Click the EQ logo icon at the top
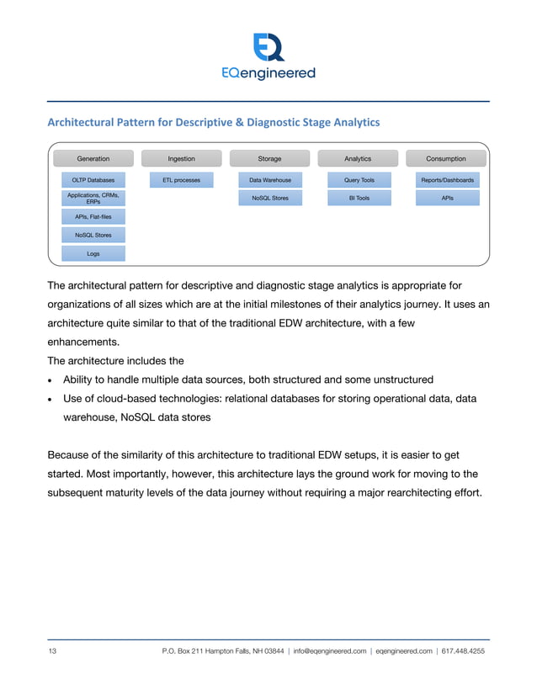point(268,47)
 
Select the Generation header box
point(93,158)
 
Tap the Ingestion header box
point(181,158)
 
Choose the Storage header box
point(269,158)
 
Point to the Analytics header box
point(358,158)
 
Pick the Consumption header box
point(446,158)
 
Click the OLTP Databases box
point(93,180)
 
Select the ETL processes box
point(181,180)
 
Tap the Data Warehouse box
point(269,180)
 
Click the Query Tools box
point(359,180)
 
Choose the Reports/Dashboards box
point(447,180)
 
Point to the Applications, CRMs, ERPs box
point(93,199)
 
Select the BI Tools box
point(359,199)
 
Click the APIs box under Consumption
point(447,199)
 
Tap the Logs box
point(93,253)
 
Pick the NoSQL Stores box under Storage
point(269,199)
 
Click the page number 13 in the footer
point(52,651)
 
